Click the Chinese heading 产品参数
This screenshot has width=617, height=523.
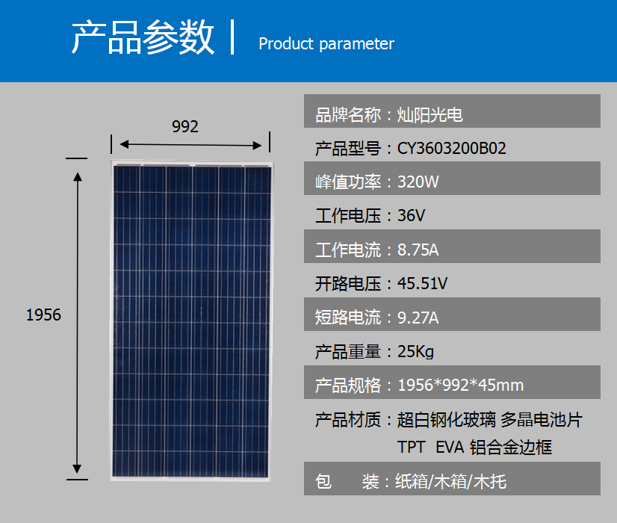[x=143, y=37]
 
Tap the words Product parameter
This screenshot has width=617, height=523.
[x=326, y=43]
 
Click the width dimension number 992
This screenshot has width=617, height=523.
[x=185, y=126]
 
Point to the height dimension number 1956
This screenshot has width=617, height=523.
[x=43, y=315]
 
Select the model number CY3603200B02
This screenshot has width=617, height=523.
[x=452, y=149]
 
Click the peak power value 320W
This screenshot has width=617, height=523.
[x=418, y=182]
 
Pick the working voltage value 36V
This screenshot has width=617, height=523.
[x=411, y=216]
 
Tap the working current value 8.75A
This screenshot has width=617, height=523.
[x=418, y=250]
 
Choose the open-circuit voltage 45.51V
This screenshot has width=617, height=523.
[x=422, y=283]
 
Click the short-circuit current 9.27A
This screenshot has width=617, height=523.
[x=418, y=318]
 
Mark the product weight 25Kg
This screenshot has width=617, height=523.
[x=415, y=352]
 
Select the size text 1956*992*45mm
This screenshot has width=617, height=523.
[x=461, y=386]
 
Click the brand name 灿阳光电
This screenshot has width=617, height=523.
[x=430, y=115]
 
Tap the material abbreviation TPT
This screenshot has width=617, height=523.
[x=411, y=447]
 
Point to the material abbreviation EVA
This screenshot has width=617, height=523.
[x=450, y=447]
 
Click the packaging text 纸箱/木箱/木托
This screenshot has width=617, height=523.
[x=451, y=482]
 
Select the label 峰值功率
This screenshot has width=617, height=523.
[x=348, y=182]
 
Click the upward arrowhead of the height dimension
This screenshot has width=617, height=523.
[x=78, y=176]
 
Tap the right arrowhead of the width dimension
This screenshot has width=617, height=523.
[x=258, y=145]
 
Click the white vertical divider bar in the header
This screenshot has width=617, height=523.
[x=232, y=37]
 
